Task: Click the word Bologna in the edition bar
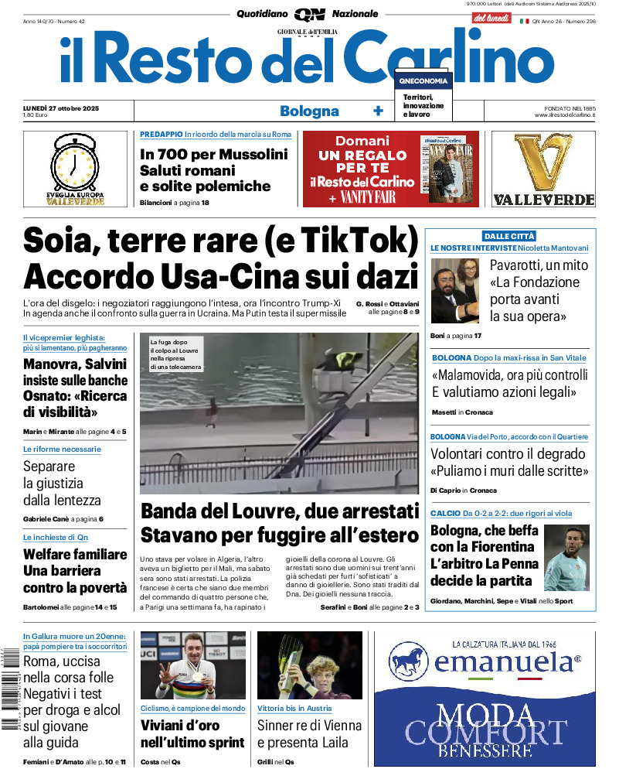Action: pyautogui.click(x=309, y=111)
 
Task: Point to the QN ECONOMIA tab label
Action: pyautogui.click(x=423, y=80)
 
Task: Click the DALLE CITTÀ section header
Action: pyautogui.click(x=509, y=236)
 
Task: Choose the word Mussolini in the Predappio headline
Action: pyautogui.click(x=251, y=153)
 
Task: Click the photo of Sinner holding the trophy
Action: pyautogui.click(x=310, y=665)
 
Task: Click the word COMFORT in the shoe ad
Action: pyautogui.click(x=485, y=732)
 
